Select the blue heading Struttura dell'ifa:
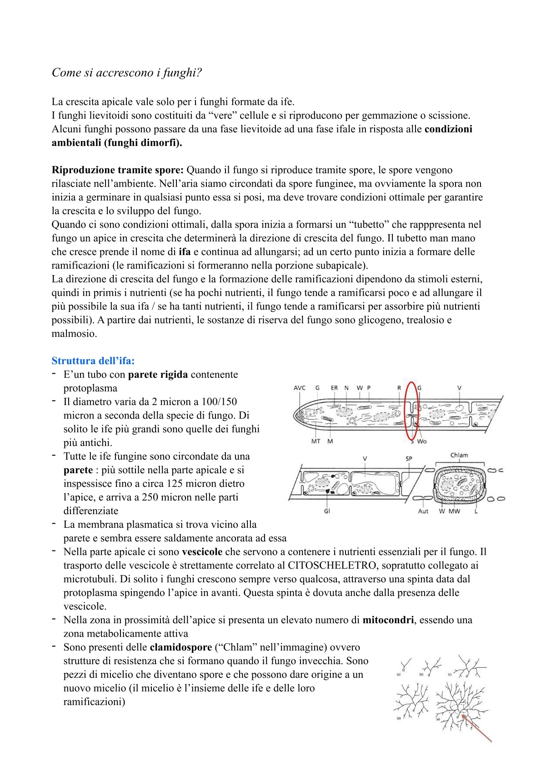93,361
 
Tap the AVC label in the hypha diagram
300,388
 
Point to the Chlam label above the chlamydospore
459,455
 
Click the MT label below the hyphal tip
316,441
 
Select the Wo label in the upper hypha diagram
422,441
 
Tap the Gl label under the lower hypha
327,511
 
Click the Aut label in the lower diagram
423,511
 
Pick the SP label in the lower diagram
409,459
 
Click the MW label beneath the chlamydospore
454,511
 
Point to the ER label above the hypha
334,388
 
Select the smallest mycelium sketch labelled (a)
405,667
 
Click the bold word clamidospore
180,647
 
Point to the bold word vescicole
202,552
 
